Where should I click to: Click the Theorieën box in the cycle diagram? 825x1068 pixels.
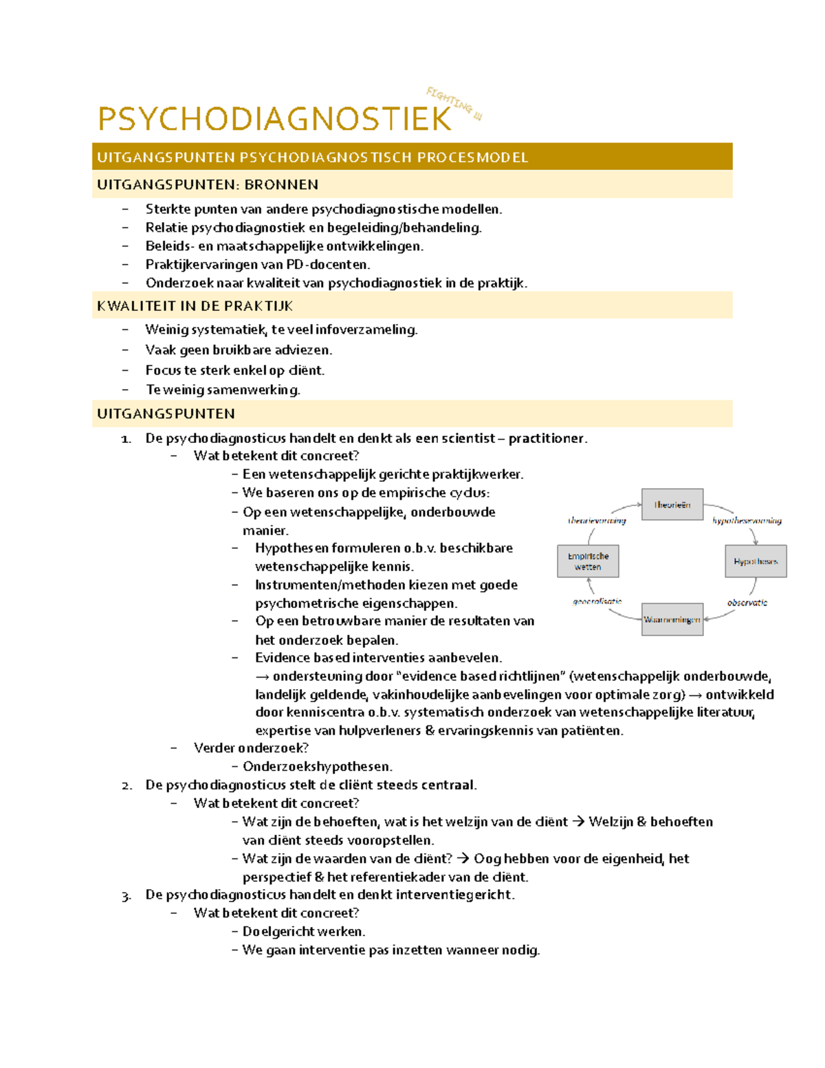click(672, 505)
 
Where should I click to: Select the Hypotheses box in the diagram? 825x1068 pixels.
click(756, 561)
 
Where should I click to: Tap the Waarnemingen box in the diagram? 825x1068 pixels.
click(672, 620)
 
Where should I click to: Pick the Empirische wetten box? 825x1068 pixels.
click(588, 561)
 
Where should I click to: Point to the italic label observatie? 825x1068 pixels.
click(747, 602)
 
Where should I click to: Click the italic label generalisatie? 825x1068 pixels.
click(597, 601)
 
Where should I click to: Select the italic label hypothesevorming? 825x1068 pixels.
click(747, 521)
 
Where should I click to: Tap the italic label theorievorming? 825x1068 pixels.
click(597, 521)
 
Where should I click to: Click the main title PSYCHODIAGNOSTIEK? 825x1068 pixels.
click(274, 119)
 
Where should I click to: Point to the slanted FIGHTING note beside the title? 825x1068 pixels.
click(454, 104)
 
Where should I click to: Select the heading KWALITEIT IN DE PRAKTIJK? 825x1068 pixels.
click(195, 306)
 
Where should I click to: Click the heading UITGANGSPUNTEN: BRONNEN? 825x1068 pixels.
click(208, 184)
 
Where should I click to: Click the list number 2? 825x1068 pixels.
click(126, 785)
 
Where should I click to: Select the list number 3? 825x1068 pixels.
click(126, 895)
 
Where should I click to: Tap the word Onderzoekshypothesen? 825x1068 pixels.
click(317, 766)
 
